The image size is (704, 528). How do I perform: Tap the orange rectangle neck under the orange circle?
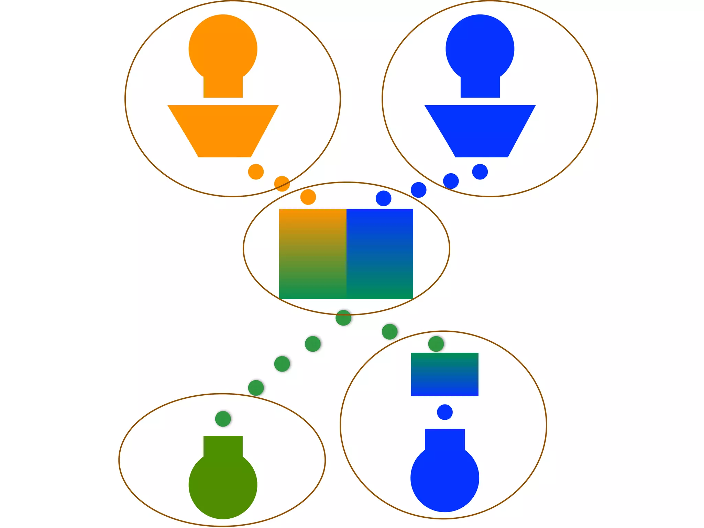pyautogui.click(x=223, y=88)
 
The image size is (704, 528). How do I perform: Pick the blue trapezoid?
pyautogui.click(x=480, y=131)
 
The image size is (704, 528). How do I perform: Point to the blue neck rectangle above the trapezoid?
pyautogui.click(x=480, y=88)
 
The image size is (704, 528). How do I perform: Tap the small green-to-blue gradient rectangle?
pyautogui.click(x=444, y=374)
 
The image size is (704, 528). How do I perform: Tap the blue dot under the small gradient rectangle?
pyautogui.click(x=445, y=412)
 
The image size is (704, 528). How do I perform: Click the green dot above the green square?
pyautogui.click(x=223, y=419)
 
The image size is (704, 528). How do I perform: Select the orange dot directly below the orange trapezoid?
pyautogui.click(x=256, y=172)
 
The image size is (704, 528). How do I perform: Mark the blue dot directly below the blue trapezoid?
pyautogui.click(x=480, y=172)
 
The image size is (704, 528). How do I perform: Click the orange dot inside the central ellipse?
pyautogui.click(x=308, y=197)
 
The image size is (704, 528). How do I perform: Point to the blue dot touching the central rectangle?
pyautogui.click(x=384, y=198)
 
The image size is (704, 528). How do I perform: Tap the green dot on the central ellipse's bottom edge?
pyautogui.click(x=343, y=318)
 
